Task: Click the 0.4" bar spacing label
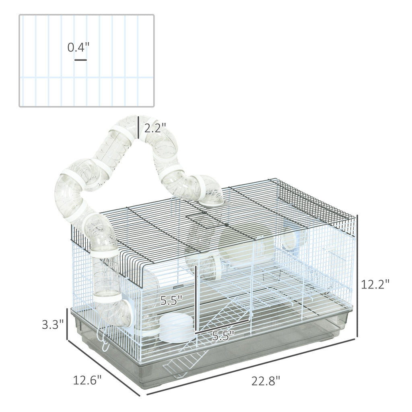(78, 47)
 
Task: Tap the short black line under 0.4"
(80, 60)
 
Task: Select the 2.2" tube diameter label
(155, 128)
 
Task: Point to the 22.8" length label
(266, 381)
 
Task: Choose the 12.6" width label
(87, 380)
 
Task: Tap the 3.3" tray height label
(53, 324)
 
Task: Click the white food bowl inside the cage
(177, 328)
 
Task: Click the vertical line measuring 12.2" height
(357, 276)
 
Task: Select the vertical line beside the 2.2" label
(138, 127)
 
